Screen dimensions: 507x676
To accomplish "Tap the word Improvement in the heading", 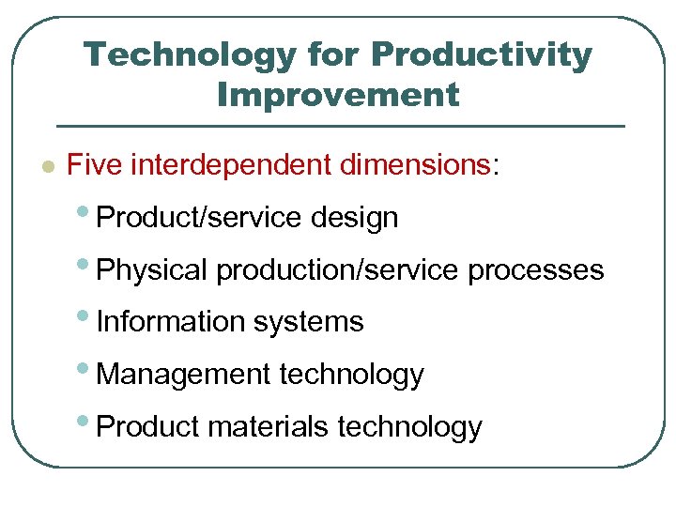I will (x=338, y=95).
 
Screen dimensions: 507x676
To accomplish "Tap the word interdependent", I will (x=231, y=166).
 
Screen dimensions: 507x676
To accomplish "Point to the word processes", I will (x=535, y=270).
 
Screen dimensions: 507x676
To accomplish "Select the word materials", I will (x=269, y=427).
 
